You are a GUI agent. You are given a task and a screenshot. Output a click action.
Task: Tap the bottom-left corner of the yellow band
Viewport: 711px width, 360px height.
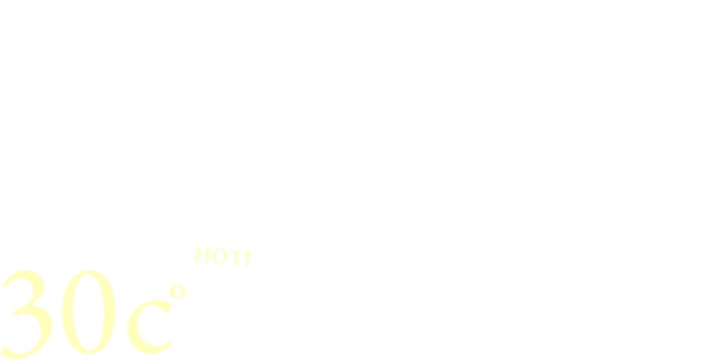[1, 358]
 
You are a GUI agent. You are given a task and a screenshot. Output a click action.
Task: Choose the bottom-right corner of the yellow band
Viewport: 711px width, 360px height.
[709, 358]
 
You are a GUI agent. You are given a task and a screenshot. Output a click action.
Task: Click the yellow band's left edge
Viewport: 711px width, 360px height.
[1, 301]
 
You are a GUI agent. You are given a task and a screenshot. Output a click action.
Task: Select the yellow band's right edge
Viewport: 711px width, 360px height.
[709, 301]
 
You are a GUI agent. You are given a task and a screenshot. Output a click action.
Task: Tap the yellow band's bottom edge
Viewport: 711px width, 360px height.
[355, 358]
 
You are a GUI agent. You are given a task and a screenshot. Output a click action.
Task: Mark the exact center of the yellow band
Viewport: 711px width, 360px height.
[355, 302]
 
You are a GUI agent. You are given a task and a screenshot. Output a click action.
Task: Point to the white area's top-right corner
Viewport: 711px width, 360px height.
[709, 2]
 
